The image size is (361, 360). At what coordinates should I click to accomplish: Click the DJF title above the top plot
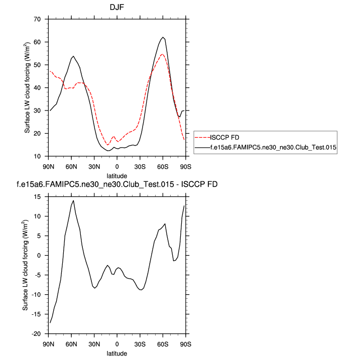point(116,8)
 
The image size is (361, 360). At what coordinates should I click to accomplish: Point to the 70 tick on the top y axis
point(38,19)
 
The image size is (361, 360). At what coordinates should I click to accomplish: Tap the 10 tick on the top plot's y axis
point(38,157)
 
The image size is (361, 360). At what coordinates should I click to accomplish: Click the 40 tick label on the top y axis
point(38,88)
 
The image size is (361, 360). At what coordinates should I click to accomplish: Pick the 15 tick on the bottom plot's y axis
point(38,196)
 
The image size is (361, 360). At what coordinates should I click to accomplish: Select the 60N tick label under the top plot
point(71,167)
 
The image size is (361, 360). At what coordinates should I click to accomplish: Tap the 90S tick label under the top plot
point(185,167)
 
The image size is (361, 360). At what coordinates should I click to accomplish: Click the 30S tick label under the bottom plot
point(140,344)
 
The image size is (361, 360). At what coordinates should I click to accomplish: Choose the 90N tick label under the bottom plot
point(48,344)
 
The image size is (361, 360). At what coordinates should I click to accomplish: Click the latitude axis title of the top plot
point(116,176)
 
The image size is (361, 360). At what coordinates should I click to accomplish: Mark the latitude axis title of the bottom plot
point(116,353)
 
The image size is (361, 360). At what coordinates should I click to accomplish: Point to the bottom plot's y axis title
point(26,265)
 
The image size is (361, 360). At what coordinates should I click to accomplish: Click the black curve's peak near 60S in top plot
point(163,37)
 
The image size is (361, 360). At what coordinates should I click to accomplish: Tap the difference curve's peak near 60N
point(73,200)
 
